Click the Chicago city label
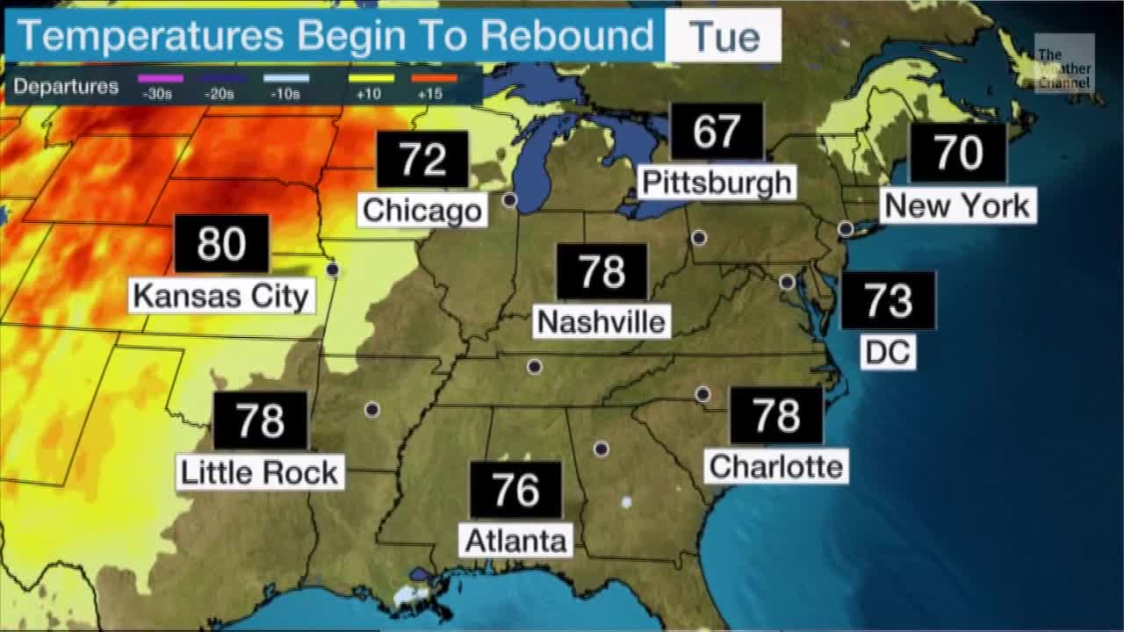tap(422, 211)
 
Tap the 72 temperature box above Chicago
tap(422, 159)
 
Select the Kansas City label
tap(221, 296)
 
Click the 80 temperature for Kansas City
tap(221, 244)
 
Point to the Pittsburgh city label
tap(717, 183)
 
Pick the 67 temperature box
tap(717, 132)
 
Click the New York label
tap(957, 206)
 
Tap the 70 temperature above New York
tap(957, 154)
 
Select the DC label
tap(888, 352)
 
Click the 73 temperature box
tap(888, 300)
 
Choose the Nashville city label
tap(602, 321)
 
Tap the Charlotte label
tap(776, 466)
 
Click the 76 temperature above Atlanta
tap(515, 490)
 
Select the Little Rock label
tap(259, 472)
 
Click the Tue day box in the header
tap(724, 37)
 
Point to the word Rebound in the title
tap(566, 37)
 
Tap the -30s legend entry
tap(162, 85)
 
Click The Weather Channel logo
tap(1063, 64)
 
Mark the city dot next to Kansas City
tap(333, 269)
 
